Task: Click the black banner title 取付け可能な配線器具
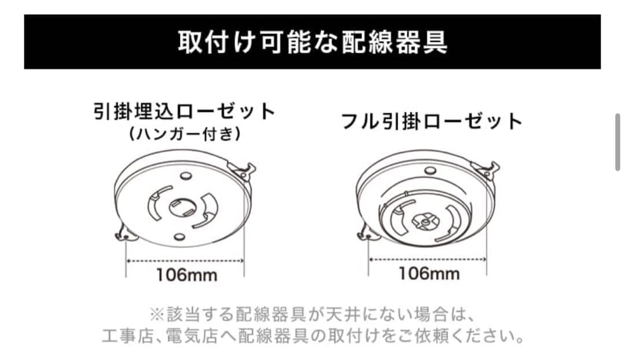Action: (x=312, y=43)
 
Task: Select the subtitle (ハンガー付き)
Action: (x=184, y=134)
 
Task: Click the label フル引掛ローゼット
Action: (x=432, y=122)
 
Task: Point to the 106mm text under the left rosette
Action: (x=186, y=274)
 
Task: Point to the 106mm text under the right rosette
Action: (x=429, y=273)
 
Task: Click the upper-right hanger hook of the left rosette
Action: (x=244, y=170)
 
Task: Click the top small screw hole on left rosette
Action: (x=185, y=175)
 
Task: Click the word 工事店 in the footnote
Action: (x=123, y=336)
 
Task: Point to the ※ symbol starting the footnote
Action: (x=157, y=315)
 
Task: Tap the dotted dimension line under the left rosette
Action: (x=185, y=261)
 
